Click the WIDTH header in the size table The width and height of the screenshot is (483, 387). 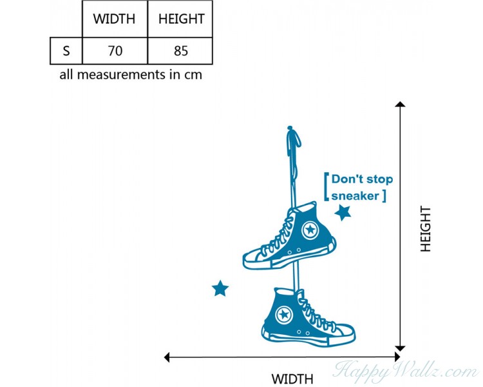coord(114,19)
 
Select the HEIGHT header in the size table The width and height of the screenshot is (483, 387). coord(182,19)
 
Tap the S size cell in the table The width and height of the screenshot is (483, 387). coord(66,51)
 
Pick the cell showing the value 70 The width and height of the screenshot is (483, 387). coord(115,51)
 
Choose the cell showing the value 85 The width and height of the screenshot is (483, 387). coord(180,51)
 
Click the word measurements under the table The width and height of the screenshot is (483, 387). coord(121,75)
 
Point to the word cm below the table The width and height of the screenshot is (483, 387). coord(193,75)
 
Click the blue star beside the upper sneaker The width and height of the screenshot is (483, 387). coord(343,213)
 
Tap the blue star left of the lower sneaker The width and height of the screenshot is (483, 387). coord(220,288)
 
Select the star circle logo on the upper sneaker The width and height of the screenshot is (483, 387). coord(310,230)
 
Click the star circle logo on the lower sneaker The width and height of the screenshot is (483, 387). coord(284,315)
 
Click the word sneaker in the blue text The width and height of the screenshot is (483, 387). coord(355,196)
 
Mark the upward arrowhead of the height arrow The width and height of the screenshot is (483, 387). coord(400,104)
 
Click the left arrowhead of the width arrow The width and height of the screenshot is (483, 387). coord(167,357)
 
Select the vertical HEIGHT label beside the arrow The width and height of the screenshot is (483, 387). coord(426,229)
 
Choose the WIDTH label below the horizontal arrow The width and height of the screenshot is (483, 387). coord(292,379)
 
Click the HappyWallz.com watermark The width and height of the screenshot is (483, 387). coord(406,372)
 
